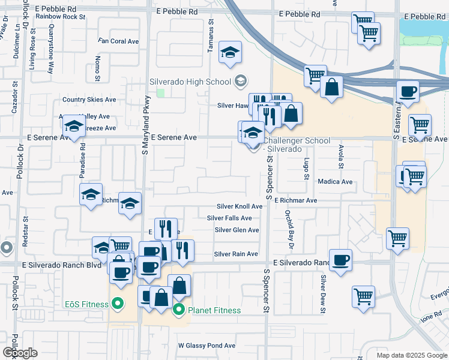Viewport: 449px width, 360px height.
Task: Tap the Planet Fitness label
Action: [x=214, y=310]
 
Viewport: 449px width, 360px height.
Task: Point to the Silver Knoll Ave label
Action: [x=240, y=206]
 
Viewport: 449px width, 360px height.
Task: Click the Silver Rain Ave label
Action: [x=236, y=254]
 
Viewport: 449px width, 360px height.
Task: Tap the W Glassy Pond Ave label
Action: [x=206, y=346]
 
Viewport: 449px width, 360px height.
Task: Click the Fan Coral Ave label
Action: [x=119, y=41]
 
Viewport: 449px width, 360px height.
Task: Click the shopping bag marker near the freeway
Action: [x=331, y=86]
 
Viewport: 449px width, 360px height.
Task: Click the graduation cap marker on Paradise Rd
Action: [x=74, y=126]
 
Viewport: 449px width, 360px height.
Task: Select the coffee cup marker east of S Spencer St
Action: [x=340, y=260]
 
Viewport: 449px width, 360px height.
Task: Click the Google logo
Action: [x=20, y=353]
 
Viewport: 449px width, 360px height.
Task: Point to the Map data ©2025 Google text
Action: [x=411, y=355]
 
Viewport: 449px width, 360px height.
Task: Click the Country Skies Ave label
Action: [x=89, y=100]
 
